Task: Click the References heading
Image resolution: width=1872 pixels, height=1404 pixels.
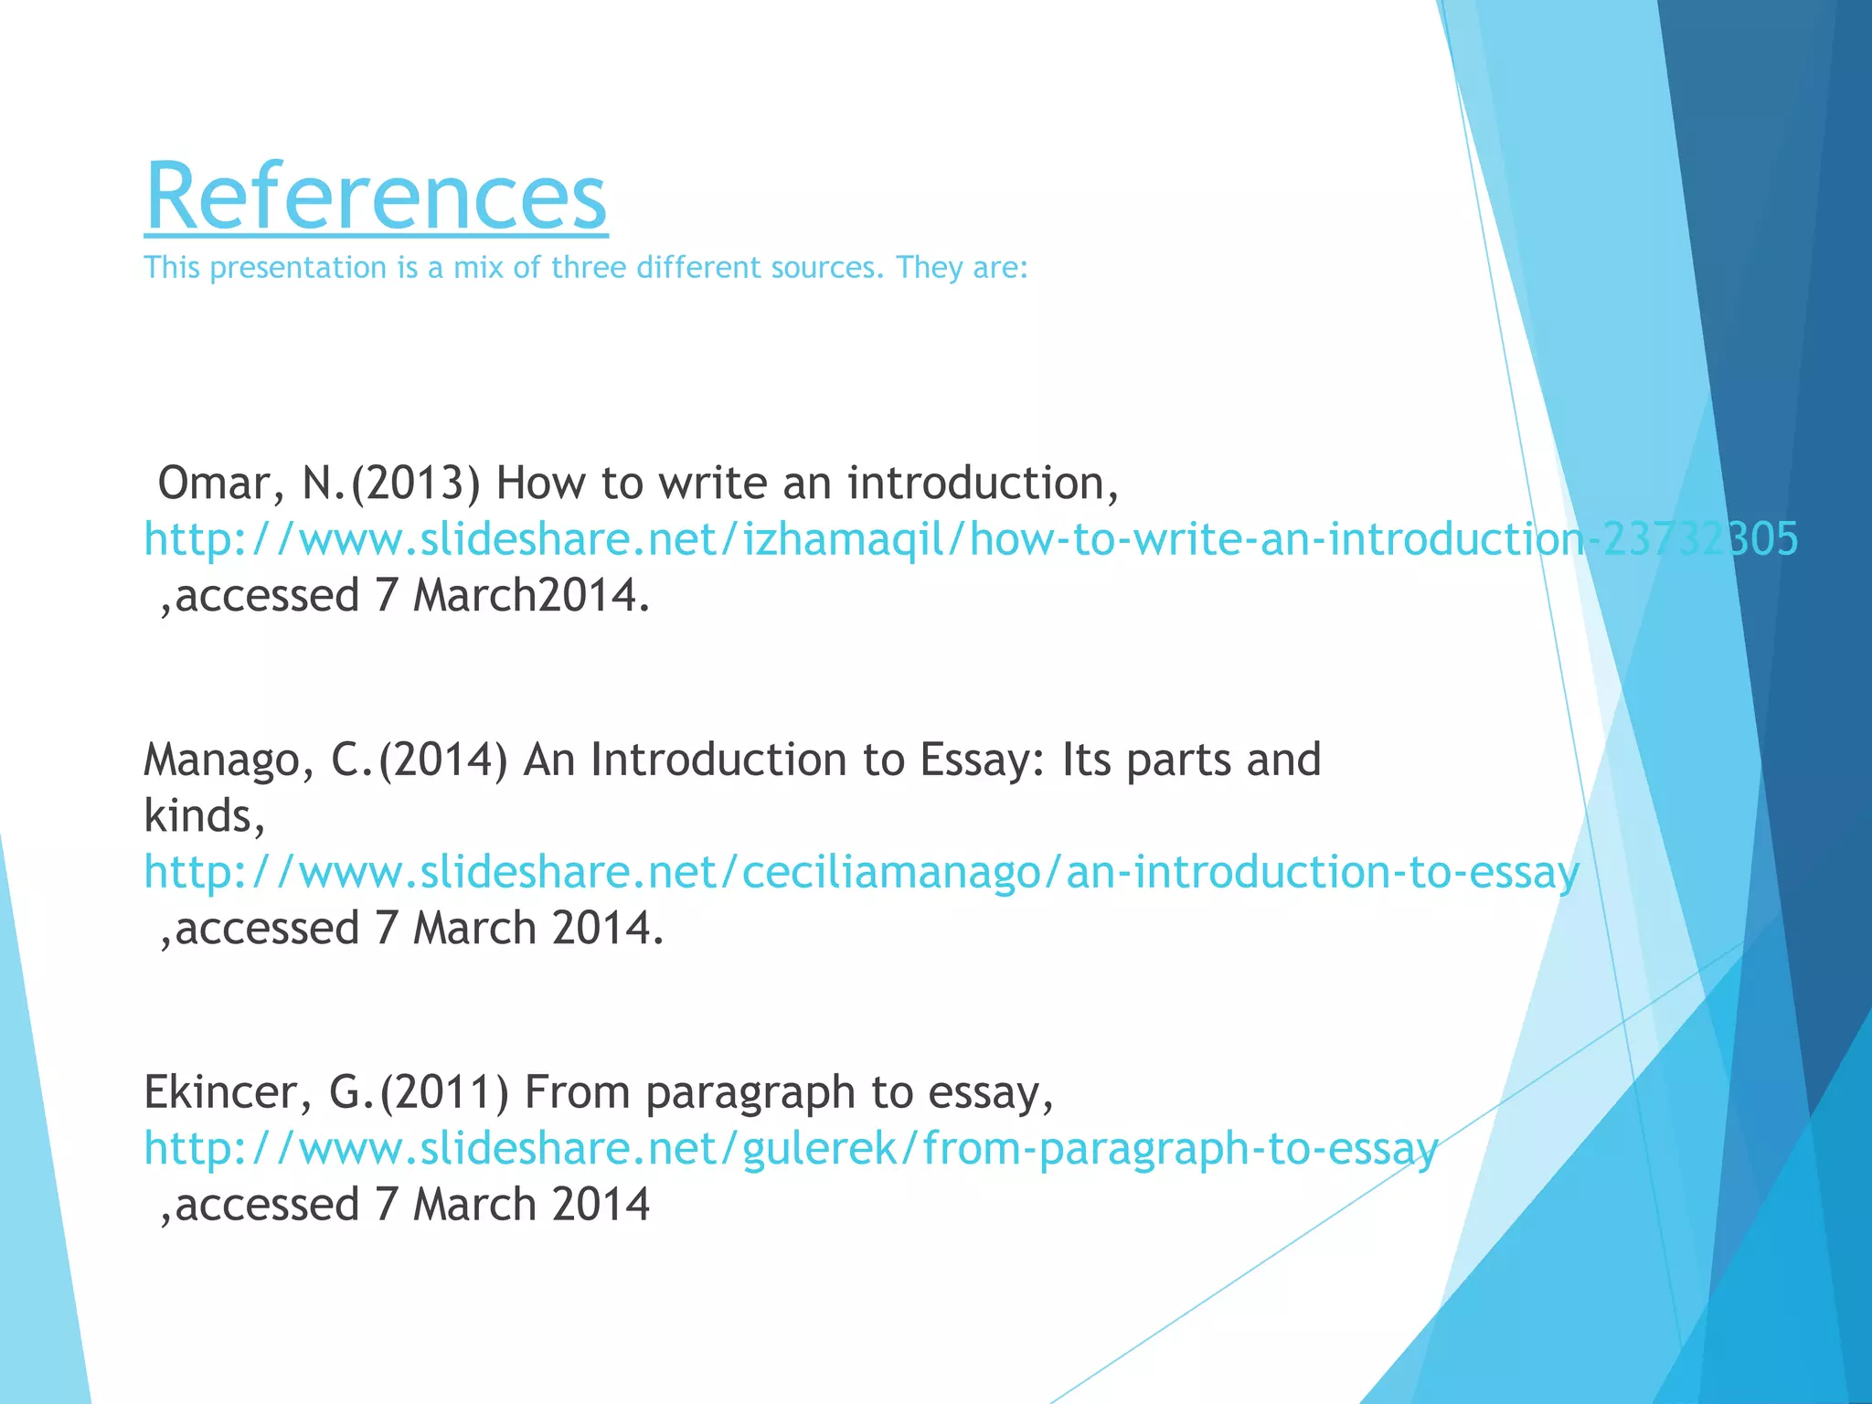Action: (x=376, y=197)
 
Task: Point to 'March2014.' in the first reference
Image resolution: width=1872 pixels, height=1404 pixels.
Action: (x=531, y=596)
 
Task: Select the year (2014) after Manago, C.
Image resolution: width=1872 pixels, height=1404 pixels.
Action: (x=443, y=760)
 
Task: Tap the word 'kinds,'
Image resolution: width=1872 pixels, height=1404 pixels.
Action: (x=205, y=816)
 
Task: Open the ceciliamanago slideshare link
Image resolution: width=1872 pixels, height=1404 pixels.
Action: (x=861, y=872)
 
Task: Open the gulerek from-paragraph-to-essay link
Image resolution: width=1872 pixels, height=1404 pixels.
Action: (x=791, y=1149)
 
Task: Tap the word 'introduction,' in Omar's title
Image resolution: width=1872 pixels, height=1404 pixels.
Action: (x=983, y=484)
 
